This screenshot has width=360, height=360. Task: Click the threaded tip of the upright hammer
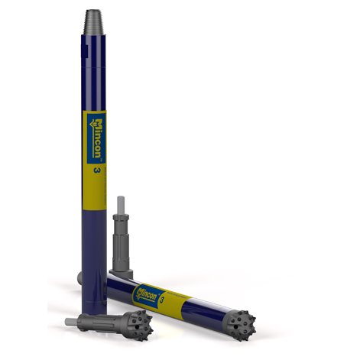click(94, 18)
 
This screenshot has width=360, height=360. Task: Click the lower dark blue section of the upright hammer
click(93, 245)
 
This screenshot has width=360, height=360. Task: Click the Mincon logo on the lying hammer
click(146, 291)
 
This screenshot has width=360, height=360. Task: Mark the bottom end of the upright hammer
click(92, 295)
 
